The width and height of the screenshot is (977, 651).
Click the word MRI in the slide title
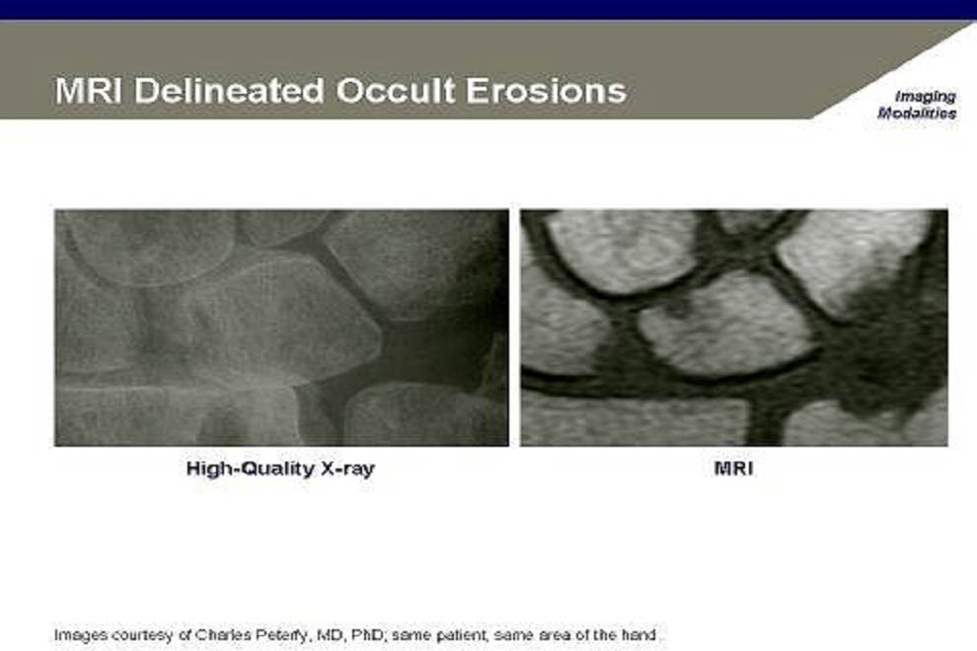pos(89,91)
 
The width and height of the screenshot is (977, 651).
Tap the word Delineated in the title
pos(229,91)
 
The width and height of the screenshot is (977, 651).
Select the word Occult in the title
pos(396,91)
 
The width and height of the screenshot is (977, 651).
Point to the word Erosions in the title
pos(547,91)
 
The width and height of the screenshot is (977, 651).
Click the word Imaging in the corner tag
pos(926,98)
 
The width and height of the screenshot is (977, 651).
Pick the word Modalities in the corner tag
pos(917,113)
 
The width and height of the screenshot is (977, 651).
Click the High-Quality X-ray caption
pos(280,469)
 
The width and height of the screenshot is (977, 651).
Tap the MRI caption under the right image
pos(733,468)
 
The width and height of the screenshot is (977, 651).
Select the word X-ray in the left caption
pos(347,469)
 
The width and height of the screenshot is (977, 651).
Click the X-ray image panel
pos(281,327)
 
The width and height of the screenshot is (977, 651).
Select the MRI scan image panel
pos(734,327)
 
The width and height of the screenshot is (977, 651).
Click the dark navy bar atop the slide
pos(488,9)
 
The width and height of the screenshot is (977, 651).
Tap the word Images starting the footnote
pos(80,636)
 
